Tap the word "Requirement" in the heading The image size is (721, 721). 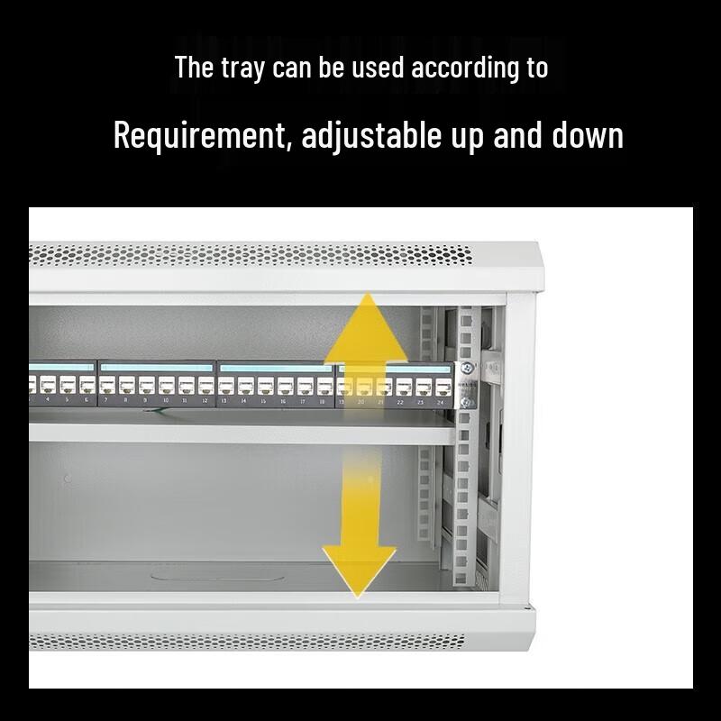[x=201, y=136]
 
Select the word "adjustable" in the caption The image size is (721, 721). [x=370, y=136]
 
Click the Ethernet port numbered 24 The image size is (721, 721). [x=442, y=387]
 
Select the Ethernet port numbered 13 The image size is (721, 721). [x=224, y=387]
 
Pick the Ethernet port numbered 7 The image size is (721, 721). [x=107, y=387]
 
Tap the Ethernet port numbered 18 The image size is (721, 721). [x=323, y=387]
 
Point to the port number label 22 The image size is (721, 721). [x=400, y=402]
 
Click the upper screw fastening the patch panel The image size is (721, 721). [x=468, y=368]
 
